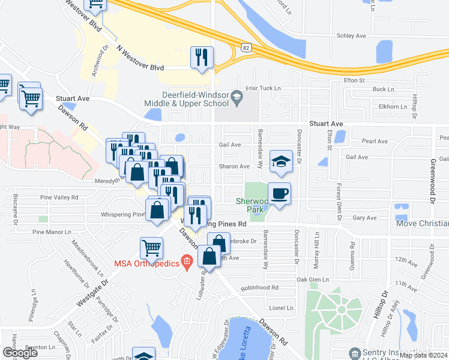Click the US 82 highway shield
pyautogui.click(x=247, y=46)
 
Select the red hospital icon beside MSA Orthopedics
pyautogui.click(x=187, y=261)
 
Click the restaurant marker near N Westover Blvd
pyautogui.click(x=201, y=58)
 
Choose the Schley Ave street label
pyautogui.click(x=352, y=36)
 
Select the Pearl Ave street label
pyautogui.click(x=375, y=142)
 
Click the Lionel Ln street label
pyautogui.click(x=281, y=307)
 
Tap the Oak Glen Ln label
pyautogui.click(x=312, y=280)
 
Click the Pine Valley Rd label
pyautogui.click(x=59, y=197)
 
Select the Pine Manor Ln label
pyautogui.click(x=52, y=231)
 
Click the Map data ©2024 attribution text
pyautogui.click(x=423, y=355)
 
